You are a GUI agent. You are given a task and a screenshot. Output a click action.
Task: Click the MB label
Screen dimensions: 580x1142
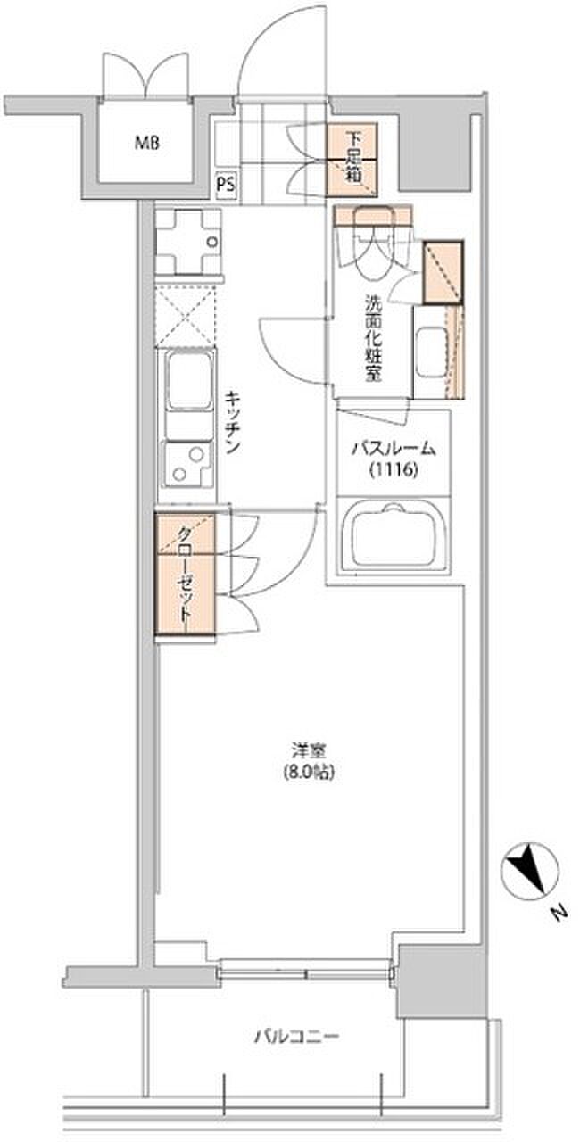coord(146,144)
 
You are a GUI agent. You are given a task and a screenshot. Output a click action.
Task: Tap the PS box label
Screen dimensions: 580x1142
coord(227,184)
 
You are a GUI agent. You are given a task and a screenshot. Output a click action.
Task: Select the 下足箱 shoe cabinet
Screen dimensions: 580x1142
coord(352,160)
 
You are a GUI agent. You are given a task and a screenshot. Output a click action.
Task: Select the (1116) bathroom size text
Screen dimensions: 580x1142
coord(394,469)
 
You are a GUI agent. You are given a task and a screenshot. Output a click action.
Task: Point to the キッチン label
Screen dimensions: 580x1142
coord(233,422)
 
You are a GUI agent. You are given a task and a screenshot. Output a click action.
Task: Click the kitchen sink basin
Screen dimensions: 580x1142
coord(189,379)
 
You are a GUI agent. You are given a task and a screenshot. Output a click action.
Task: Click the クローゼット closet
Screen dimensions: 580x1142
coord(186,575)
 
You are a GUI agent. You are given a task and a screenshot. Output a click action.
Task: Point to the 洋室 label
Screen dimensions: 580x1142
coord(309,750)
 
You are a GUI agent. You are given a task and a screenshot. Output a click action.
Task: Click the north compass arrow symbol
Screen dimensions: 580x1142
coord(529,869)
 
